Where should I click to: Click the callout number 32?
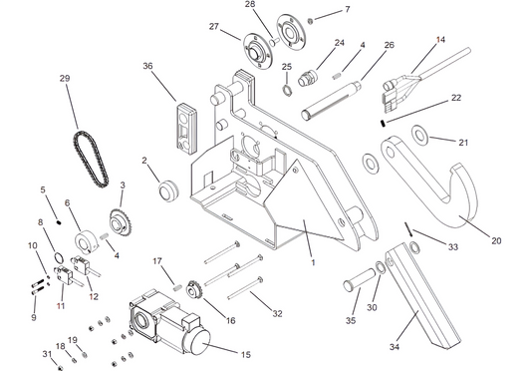pos(277,313)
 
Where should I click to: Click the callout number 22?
pos(456,98)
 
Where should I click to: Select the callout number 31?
pos(44,354)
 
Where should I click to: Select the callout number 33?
pos(453,246)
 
